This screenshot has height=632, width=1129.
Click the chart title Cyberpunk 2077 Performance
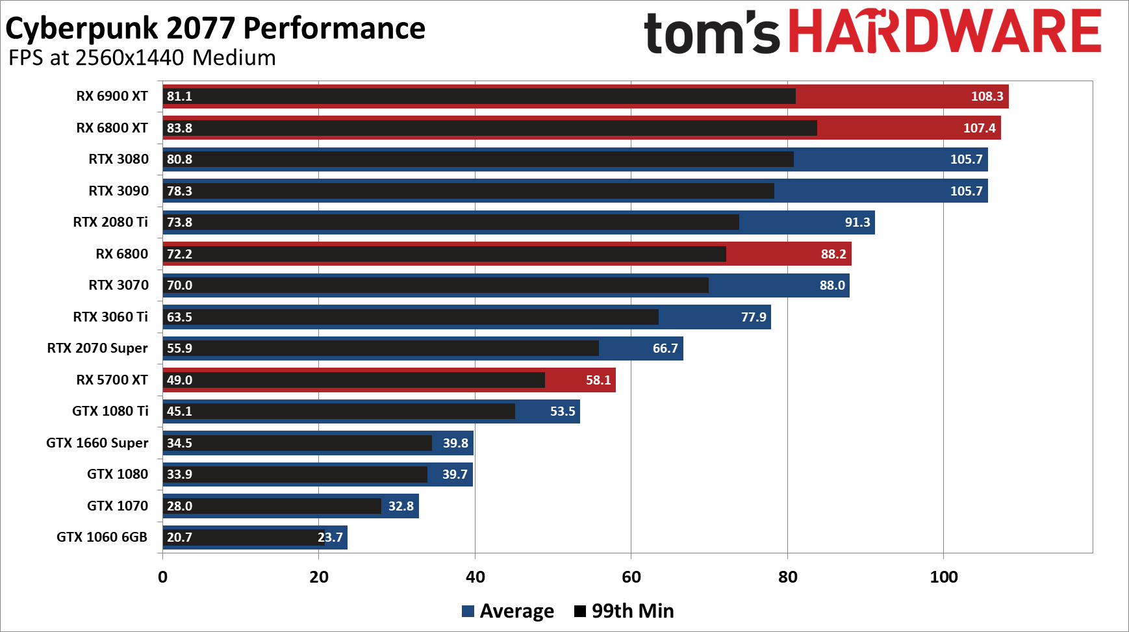pos(215,29)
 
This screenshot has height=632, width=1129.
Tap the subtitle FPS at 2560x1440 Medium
pos(142,58)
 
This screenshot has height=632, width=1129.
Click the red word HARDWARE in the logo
pos(945,32)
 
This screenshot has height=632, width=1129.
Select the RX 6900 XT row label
pos(112,96)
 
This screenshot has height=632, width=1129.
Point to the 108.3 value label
pos(987,96)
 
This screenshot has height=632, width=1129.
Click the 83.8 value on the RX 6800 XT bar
pos(179,128)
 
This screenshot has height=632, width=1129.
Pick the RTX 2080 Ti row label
pos(110,222)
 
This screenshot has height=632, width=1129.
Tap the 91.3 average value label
pos(857,222)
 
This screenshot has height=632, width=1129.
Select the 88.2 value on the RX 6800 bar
pos(833,254)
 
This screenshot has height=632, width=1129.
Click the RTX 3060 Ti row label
pos(110,317)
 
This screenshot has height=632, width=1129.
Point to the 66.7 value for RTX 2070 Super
pos(665,348)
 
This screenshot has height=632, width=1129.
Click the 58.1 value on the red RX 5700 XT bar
pos(598,380)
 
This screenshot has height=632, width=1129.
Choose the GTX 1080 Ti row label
pos(110,411)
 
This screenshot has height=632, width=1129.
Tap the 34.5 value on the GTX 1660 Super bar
pos(179,443)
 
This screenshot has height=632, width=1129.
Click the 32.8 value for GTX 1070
pos(401,506)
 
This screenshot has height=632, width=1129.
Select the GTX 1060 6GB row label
pos(102,537)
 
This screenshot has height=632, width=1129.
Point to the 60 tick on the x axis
pos(631,577)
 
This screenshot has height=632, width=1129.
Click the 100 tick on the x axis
pos(943,577)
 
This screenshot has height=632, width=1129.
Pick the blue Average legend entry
pos(508,611)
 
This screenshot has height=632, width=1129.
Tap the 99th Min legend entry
pos(624,611)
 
